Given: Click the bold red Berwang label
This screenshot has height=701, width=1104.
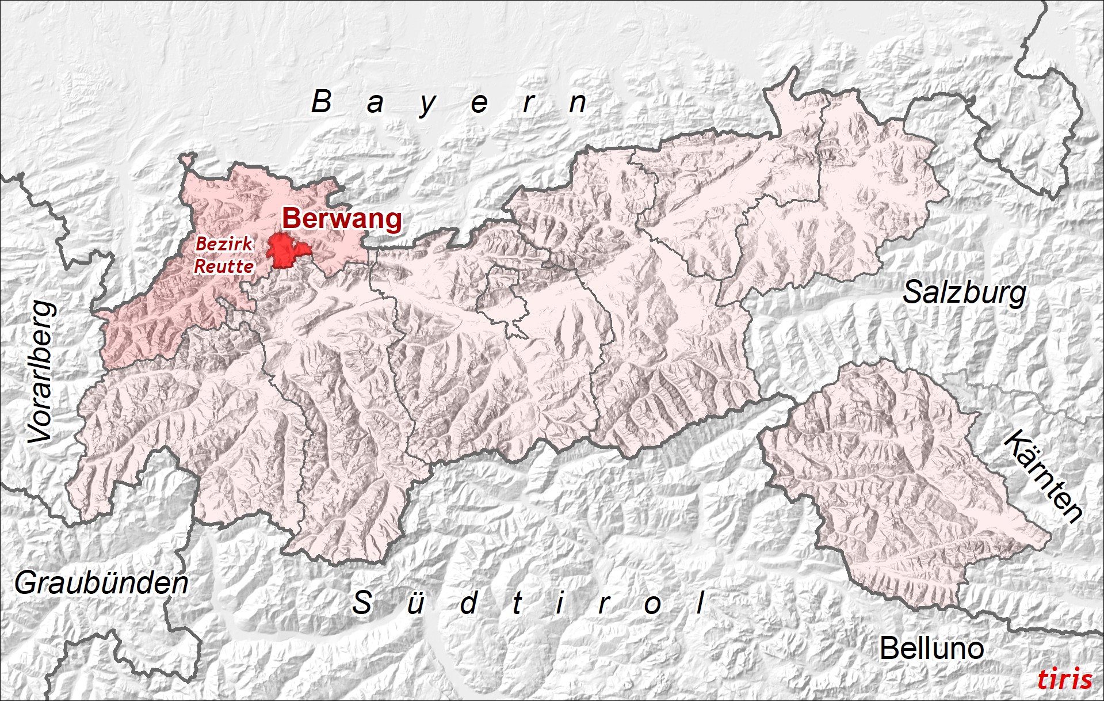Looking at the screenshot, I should click(x=342, y=219).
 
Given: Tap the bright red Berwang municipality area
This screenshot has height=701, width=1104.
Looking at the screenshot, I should click(x=286, y=251).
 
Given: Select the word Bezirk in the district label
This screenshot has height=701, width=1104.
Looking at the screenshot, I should click(x=224, y=244).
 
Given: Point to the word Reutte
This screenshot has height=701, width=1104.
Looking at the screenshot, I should click(x=224, y=266).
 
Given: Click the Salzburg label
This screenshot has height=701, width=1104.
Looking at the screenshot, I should click(x=964, y=293).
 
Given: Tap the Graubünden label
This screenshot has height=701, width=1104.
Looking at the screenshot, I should click(x=102, y=584).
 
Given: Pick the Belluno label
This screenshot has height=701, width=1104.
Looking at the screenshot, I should click(x=931, y=649).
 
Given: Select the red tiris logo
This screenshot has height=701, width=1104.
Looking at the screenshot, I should click(x=1064, y=679).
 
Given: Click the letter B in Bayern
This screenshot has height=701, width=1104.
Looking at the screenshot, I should click(x=322, y=102).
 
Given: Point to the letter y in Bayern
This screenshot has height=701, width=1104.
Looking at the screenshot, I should click(x=427, y=105).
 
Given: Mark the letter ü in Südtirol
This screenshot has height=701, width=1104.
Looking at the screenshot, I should click(x=415, y=603).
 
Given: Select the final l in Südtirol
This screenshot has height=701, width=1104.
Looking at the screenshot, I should click(x=700, y=603).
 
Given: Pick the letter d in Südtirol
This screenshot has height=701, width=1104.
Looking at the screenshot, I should click(x=469, y=603).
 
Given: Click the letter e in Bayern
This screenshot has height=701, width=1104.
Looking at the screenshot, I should click(x=479, y=104).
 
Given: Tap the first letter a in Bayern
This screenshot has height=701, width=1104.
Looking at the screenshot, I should click(x=375, y=104).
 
